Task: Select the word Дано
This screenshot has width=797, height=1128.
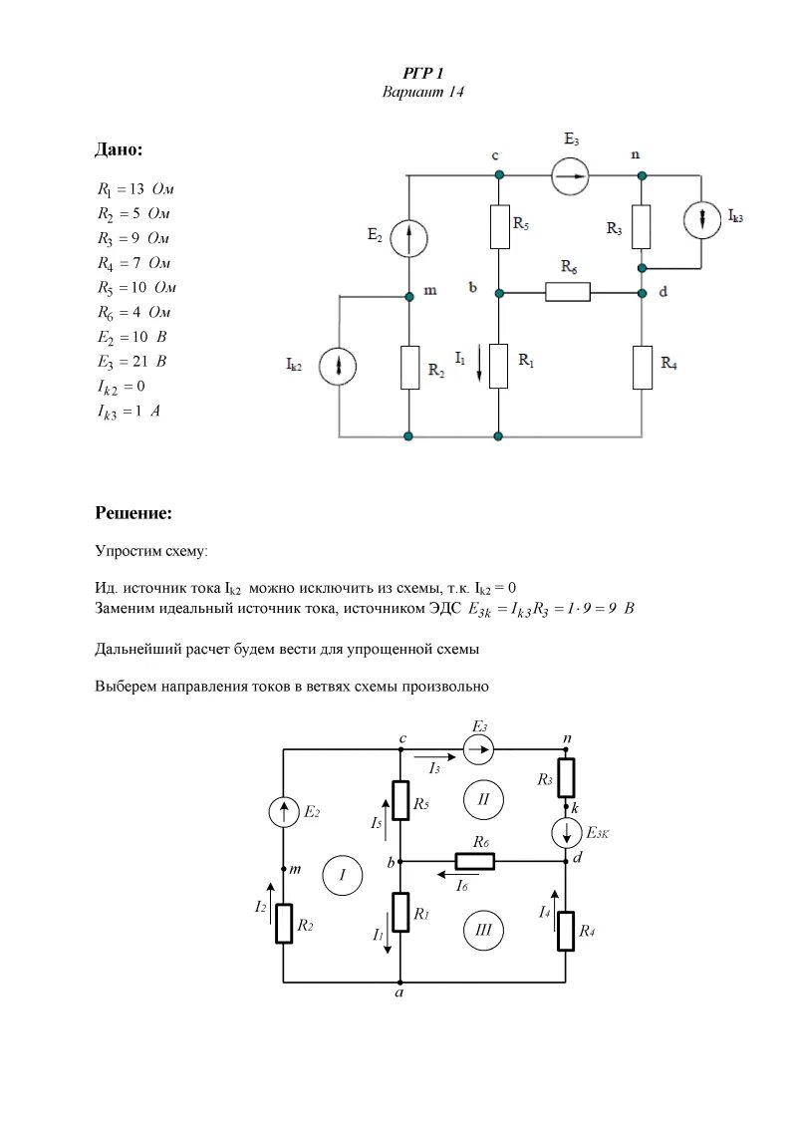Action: click(119, 149)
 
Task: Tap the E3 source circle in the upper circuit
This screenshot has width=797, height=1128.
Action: click(570, 174)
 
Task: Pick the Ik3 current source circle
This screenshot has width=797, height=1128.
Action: click(703, 220)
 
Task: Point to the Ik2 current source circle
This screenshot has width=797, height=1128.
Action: click(340, 366)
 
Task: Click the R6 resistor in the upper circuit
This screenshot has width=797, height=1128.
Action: click(567, 292)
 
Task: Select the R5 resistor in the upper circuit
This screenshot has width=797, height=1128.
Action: click(499, 227)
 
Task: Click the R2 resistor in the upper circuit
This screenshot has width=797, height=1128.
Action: click(409, 367)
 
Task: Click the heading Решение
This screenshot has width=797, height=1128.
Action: click(133, 513)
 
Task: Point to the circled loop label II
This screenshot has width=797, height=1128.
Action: click(484, 798)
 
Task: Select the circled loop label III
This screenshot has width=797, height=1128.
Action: click(484, 930)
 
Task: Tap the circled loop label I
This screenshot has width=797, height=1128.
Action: click(342, 875)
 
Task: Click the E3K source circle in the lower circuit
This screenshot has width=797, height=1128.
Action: click(566, 832)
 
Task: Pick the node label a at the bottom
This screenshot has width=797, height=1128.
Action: click(398, 993)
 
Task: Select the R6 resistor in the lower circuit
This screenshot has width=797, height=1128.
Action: click(476, 860)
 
